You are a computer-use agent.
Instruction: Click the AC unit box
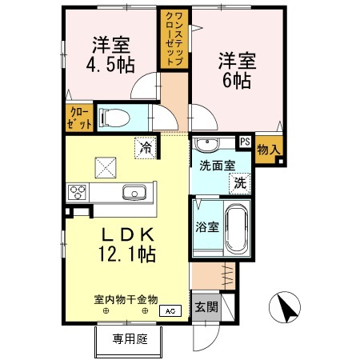point(170,311)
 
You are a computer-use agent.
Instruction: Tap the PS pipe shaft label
point(245,142)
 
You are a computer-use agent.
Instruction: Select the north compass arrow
point(286,308)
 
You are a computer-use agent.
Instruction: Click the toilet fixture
point(114,118)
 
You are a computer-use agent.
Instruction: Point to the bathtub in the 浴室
point(237,230)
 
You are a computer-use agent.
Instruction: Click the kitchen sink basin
point(134,193)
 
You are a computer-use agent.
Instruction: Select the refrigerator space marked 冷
point(146,148)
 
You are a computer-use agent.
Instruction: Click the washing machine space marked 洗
point(240,183)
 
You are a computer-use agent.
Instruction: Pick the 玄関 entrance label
point(206,307)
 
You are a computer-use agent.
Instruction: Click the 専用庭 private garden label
point(130,339)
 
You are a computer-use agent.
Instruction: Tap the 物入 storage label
point(269,150)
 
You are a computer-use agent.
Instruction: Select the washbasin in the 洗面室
point(207,144)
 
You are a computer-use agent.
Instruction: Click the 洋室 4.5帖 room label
point(110,55)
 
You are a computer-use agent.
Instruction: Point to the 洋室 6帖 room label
point(237,70)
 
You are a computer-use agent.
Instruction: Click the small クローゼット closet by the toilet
point(79,118)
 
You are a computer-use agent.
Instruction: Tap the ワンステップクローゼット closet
point(174,38)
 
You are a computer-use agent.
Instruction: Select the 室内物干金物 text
point(126,300)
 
